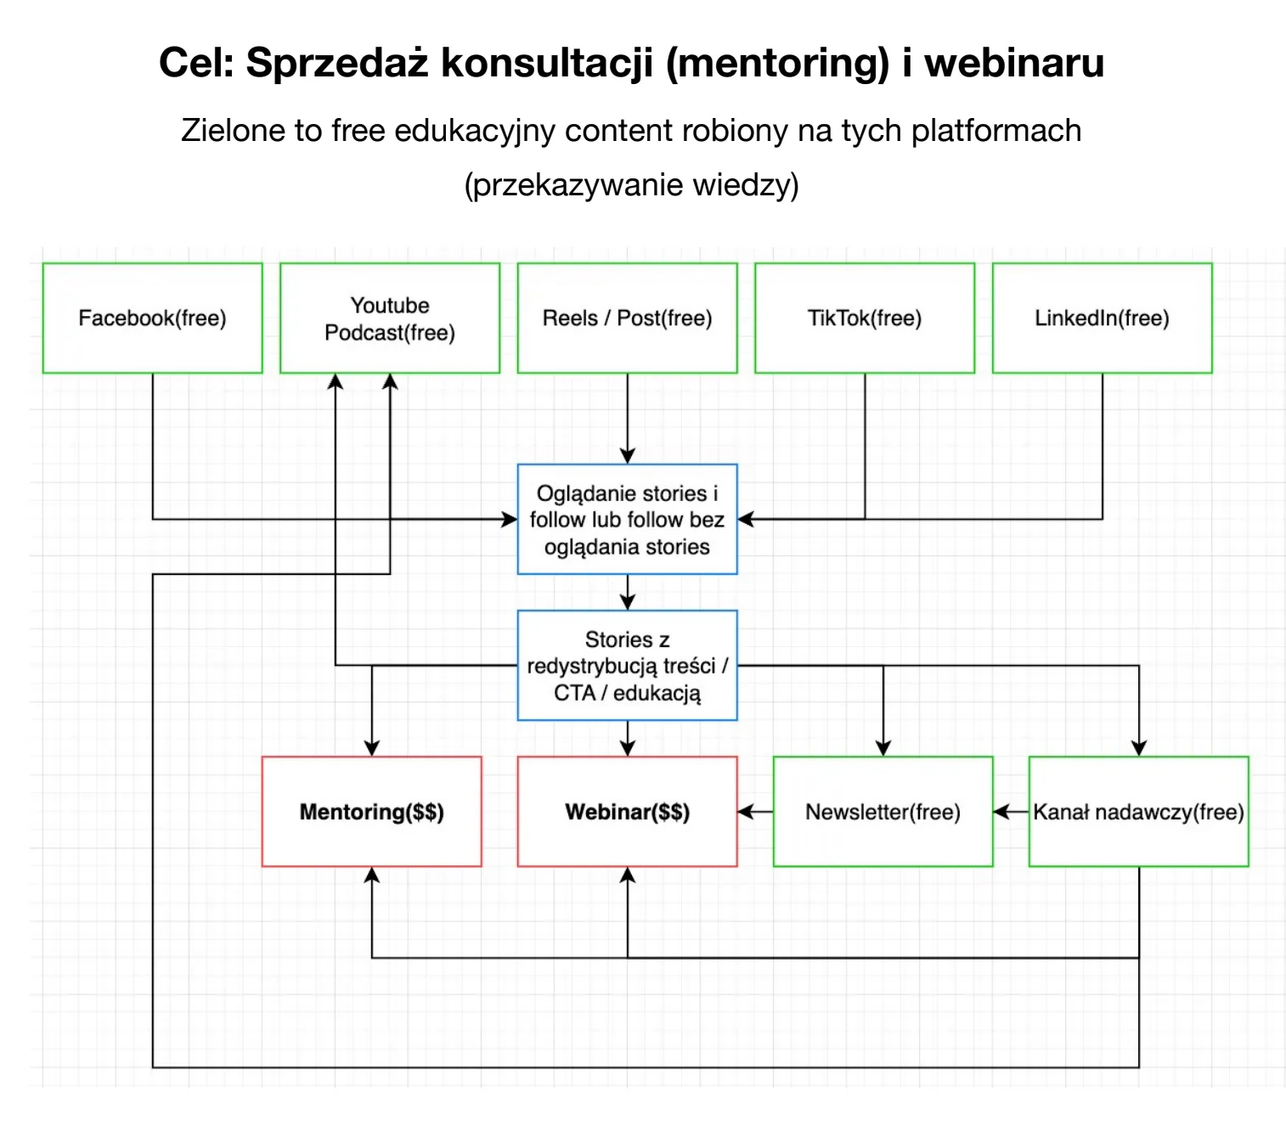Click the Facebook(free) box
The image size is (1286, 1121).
pyautogui.click(x=153, y=318)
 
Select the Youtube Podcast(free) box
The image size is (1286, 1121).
pyautogui.click(x=390, y=318)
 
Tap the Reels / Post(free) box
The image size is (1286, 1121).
pyautogui.click(x=627, y=318)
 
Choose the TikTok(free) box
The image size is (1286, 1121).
pyautogui.click(x=865, y=318)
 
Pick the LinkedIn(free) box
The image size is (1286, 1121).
pyautogui.click(x=1102, y=318)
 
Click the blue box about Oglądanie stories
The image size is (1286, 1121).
pyautogui.click(x=627, y=519)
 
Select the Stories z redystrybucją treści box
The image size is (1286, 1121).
pyautogui.click(x=627, y=665)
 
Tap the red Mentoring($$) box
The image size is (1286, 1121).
pyautogui.click(x=371, y=811)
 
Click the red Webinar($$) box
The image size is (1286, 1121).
pyautogui.click(x=627, y=811)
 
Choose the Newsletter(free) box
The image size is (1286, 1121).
pyautogui.click(x=883, y=811)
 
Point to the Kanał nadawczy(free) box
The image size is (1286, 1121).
pyautogui.click(x=1138, y=811)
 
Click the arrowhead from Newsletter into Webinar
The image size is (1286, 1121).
pyautogui.click(x=745, y=812)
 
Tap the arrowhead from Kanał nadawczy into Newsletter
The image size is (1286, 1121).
pyautogui.click(x=1001, y=812)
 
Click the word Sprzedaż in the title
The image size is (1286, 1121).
pyautogui.click(x=337, y=62)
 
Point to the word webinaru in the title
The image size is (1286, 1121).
pyautogui.click(x=1014, y=62)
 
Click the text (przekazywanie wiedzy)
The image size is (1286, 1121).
pyautogui.click(x=631, y=184)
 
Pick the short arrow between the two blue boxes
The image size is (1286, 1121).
pyautogui.click(x=628, y=592)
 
